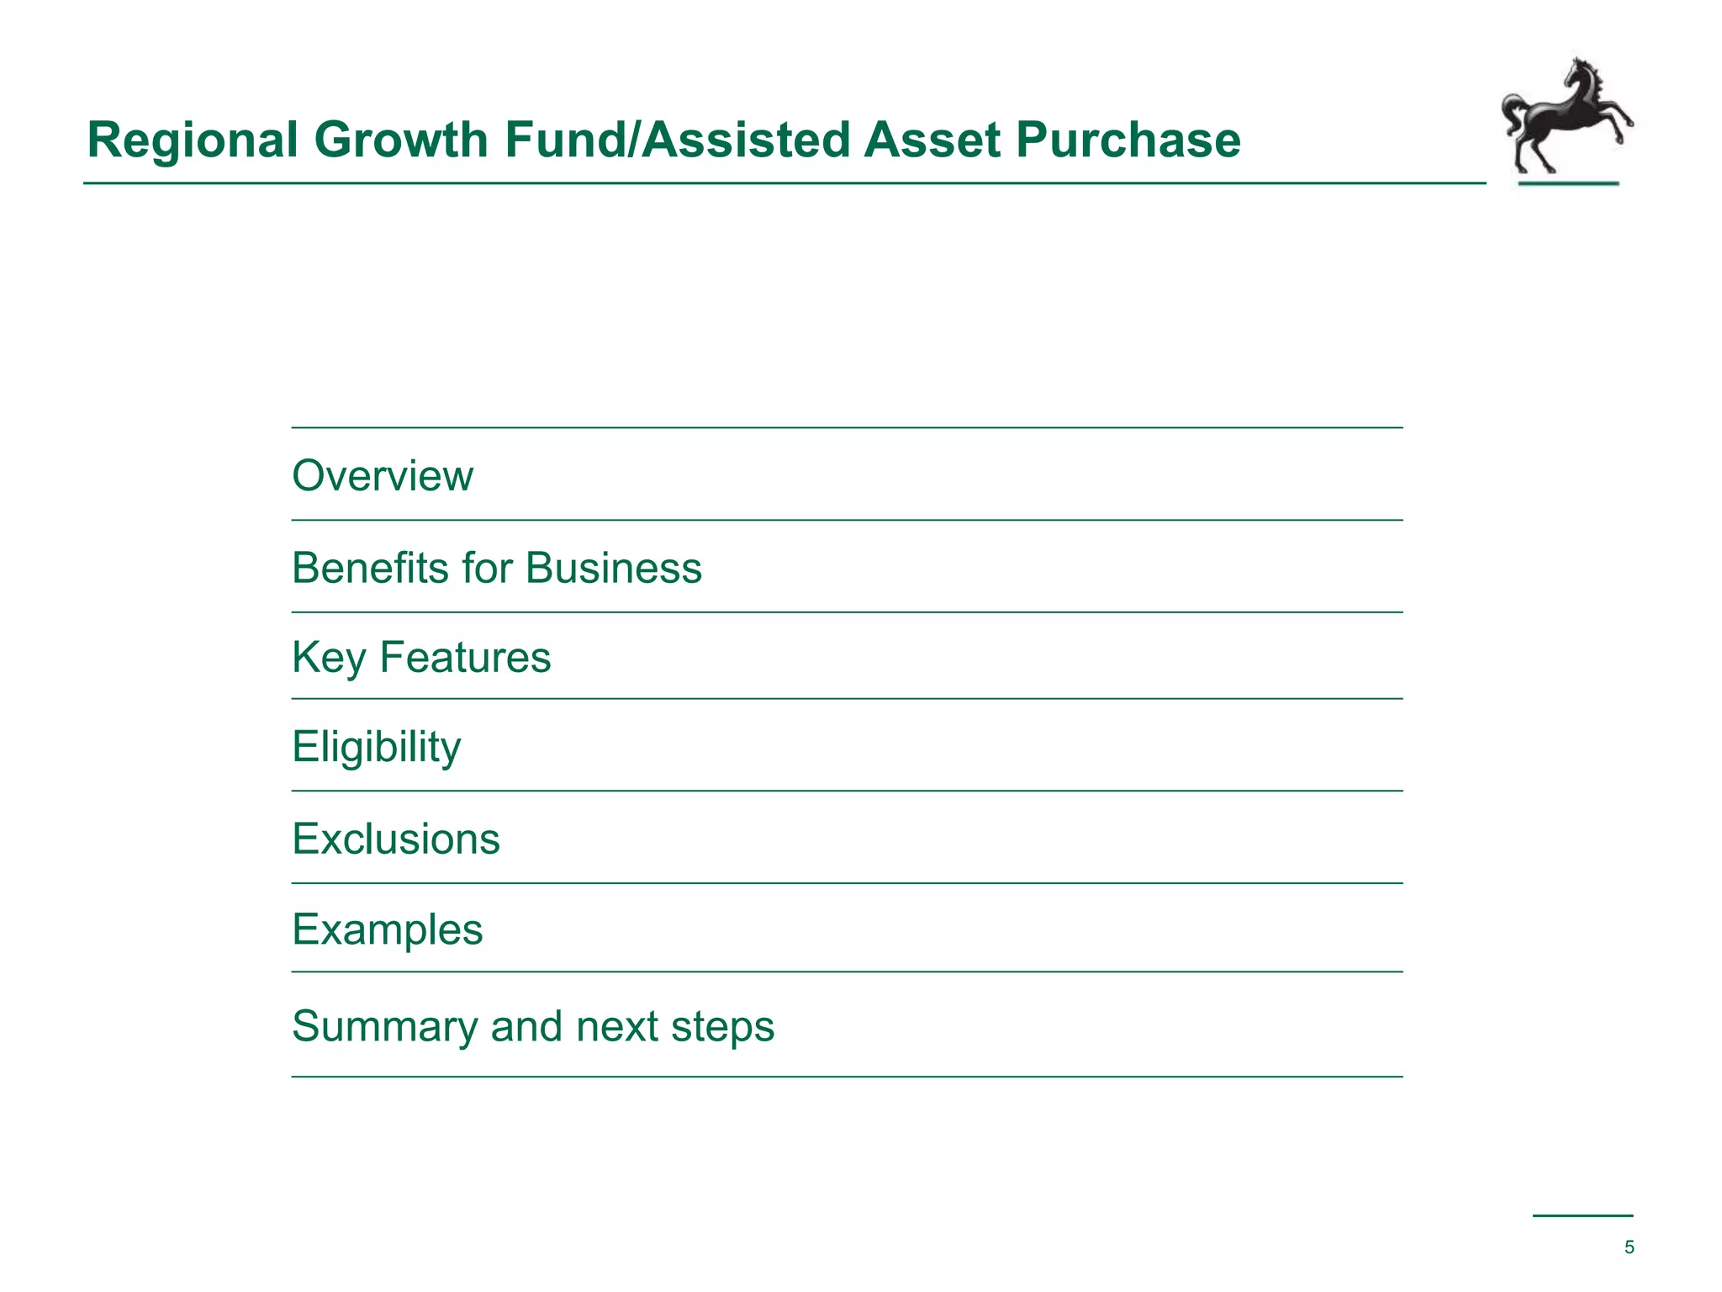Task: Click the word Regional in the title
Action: (193, 140)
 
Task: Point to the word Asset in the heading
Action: (932, 140)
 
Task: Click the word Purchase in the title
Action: (1128, 140)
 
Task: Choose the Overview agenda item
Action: (383, 475)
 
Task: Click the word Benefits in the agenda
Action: (370, 568)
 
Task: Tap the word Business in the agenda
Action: (614, 568)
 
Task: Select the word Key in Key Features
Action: (328, 658)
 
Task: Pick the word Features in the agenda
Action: (465, 657)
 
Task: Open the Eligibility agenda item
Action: (377, 747)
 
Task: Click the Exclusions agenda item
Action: (396, 839)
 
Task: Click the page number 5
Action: (1629, 1247)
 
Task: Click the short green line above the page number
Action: (1582, 1215)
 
